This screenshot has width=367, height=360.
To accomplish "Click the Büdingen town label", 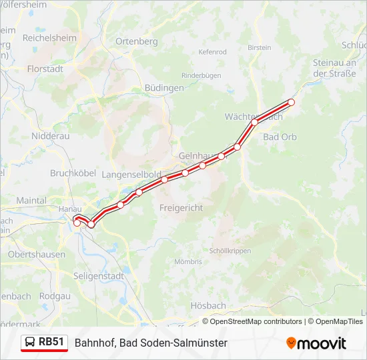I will coord(164,88).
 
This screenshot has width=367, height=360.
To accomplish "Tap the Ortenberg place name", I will coord(137,41).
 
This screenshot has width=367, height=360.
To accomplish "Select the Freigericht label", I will coord(181,208).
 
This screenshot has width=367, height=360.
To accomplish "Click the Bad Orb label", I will coord(280,137).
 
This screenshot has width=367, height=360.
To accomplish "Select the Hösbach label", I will coord(208,305).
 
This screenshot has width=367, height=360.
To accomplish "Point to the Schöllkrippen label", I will coord(230,251).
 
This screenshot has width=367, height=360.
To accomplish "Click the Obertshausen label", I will coord(37,254).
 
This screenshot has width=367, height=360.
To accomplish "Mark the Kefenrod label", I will coord(213,52).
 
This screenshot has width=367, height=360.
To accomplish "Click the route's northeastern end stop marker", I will coord(291,102).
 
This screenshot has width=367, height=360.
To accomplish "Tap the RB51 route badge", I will coord(45,342).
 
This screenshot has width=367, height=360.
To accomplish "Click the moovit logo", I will coord(316,343).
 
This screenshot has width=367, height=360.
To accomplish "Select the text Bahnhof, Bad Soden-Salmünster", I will coord(151,343).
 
